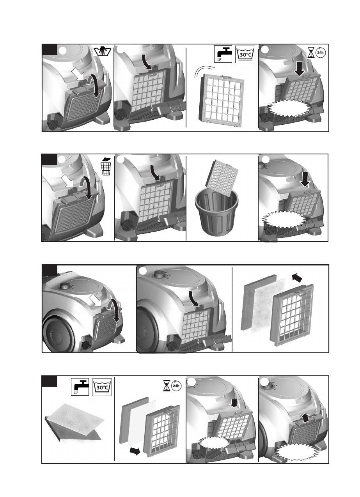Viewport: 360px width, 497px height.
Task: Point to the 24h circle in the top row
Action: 320,52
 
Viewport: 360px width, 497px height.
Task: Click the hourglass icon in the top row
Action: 311,53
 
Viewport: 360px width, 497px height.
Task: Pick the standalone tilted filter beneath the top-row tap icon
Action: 221,100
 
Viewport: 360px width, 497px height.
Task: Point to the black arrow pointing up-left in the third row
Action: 297,277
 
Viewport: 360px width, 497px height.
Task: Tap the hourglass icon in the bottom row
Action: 167,386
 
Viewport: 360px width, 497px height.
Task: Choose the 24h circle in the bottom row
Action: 176,386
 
